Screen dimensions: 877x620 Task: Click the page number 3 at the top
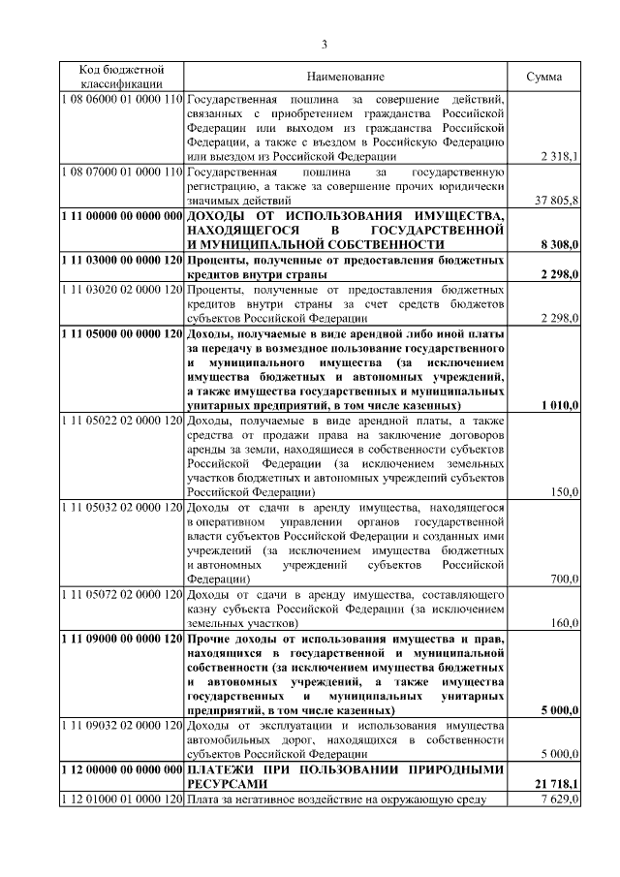click(x=325, y=44)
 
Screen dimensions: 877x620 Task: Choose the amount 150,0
click(x=563, y=492)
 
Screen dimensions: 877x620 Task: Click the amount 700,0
click(x=563, y=579)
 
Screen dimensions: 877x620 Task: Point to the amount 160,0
click(x=563, y=623)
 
